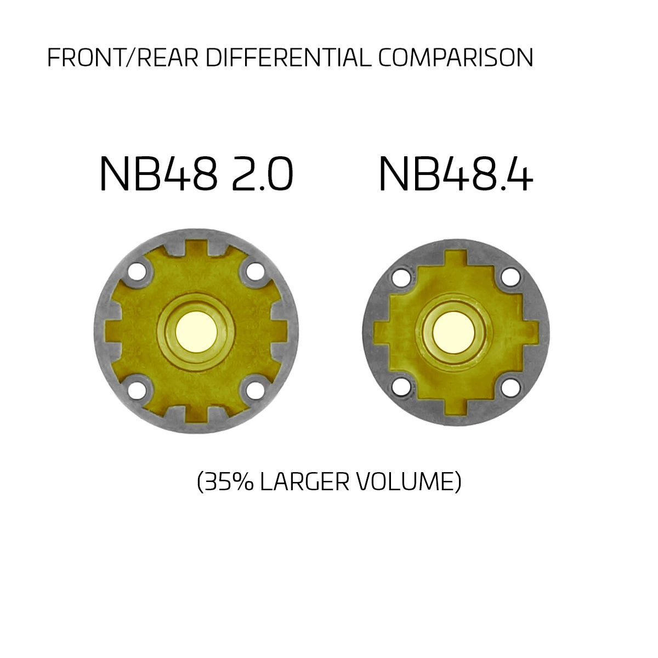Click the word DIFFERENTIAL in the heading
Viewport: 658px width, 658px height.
coord(288,58)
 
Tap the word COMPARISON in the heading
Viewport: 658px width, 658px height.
coord(456,58)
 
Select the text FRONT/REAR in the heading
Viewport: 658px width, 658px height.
coord(123,58)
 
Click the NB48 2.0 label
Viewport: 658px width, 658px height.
coord(196,173)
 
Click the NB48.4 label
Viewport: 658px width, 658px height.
coord(456,173)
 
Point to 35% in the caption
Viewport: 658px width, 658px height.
coord(230,482)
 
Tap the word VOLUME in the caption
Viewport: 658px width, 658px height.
coord(404,482)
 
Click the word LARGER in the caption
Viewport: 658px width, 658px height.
coord(305,482)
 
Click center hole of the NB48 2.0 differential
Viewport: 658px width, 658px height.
coord(196,332)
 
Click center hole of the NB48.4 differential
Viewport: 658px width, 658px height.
coord(454,332)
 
